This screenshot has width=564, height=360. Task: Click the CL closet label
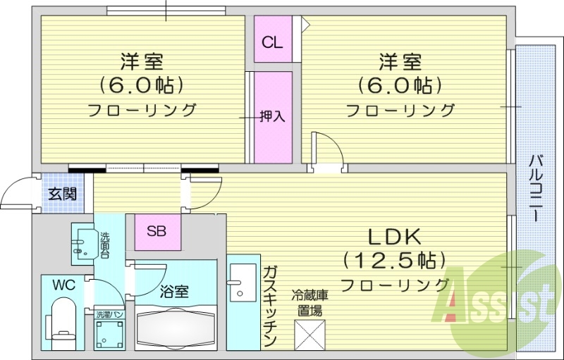pos(272,42)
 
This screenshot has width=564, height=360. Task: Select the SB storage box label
pos(157,230)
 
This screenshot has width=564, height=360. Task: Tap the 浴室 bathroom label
pos(174,291)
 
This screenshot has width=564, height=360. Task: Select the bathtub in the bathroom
pos(176,328)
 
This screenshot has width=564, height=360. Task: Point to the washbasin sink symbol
pos(82,243)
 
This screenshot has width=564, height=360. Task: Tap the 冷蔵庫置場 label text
pos(312,302)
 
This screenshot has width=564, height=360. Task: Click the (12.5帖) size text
pos(394,261)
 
